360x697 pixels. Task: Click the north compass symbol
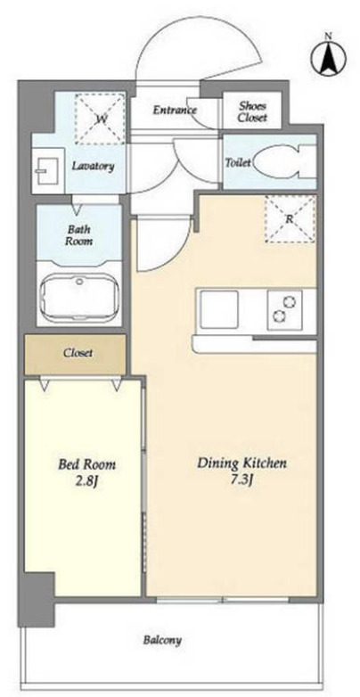(x=329, y=56)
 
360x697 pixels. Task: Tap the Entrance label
(x=175, y=110)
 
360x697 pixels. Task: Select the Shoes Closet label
(x=252, y=112)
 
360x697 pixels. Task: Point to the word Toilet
(x=238, y=163)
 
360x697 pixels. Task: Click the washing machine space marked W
(x=99, y=119)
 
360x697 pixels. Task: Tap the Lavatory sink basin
(x=45, y=171)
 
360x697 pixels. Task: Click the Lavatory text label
(x=93, y=167)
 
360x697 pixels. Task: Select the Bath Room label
(x=80, y=235)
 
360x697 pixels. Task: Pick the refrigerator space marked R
(x=290, y=218)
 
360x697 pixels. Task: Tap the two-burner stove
(x=284, y=309)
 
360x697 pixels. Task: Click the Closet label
(x=78, y=353)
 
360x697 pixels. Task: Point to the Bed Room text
(x=86, y=465)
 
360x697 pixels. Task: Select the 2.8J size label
(x=86, y=481)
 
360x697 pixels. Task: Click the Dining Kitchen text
(x=241, y=463)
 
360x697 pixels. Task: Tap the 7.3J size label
(x=241, y=480)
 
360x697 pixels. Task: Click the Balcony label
(x=162, y=641)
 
